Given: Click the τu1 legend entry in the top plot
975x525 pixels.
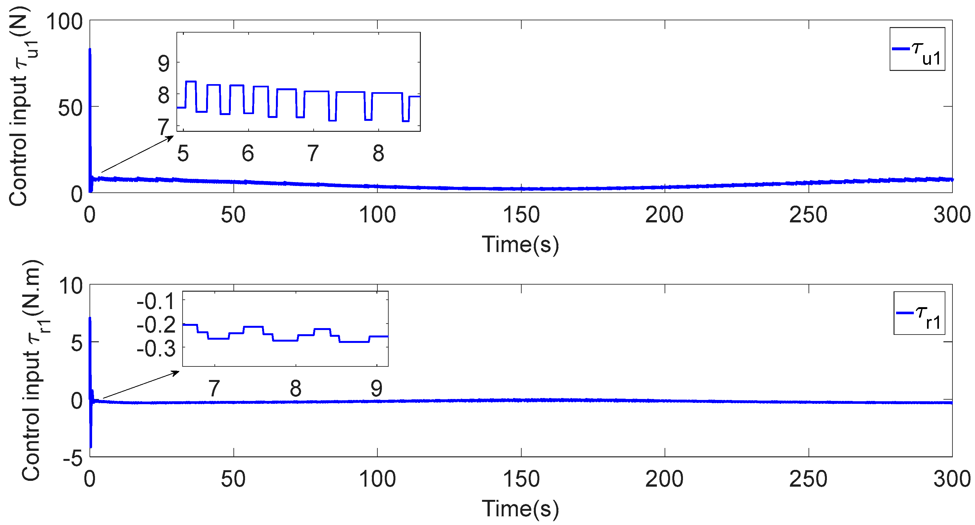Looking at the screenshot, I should [917, 49].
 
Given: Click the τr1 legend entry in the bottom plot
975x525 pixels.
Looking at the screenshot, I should [919, 313].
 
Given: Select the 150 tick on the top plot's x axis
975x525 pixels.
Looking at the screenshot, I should [521, 215].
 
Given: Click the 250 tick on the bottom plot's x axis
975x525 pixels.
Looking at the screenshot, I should [809, 479].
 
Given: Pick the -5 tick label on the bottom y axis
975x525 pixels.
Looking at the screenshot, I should [73, 458].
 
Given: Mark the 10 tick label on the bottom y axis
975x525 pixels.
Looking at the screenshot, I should [71, 286].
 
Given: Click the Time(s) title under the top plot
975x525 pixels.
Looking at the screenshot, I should [520, 244].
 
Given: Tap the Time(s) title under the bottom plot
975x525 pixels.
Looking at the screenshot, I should [520, 508].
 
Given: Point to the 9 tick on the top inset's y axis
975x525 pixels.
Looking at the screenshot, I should [164, 63].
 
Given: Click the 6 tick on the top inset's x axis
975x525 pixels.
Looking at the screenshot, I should [248, 153].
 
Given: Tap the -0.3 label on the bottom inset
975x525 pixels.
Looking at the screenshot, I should [156, 348].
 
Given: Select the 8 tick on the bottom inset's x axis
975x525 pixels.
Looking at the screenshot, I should [296, 388].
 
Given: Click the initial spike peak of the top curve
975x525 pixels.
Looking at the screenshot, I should [90, 49].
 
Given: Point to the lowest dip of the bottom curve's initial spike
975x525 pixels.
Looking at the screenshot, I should [91, 447].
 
